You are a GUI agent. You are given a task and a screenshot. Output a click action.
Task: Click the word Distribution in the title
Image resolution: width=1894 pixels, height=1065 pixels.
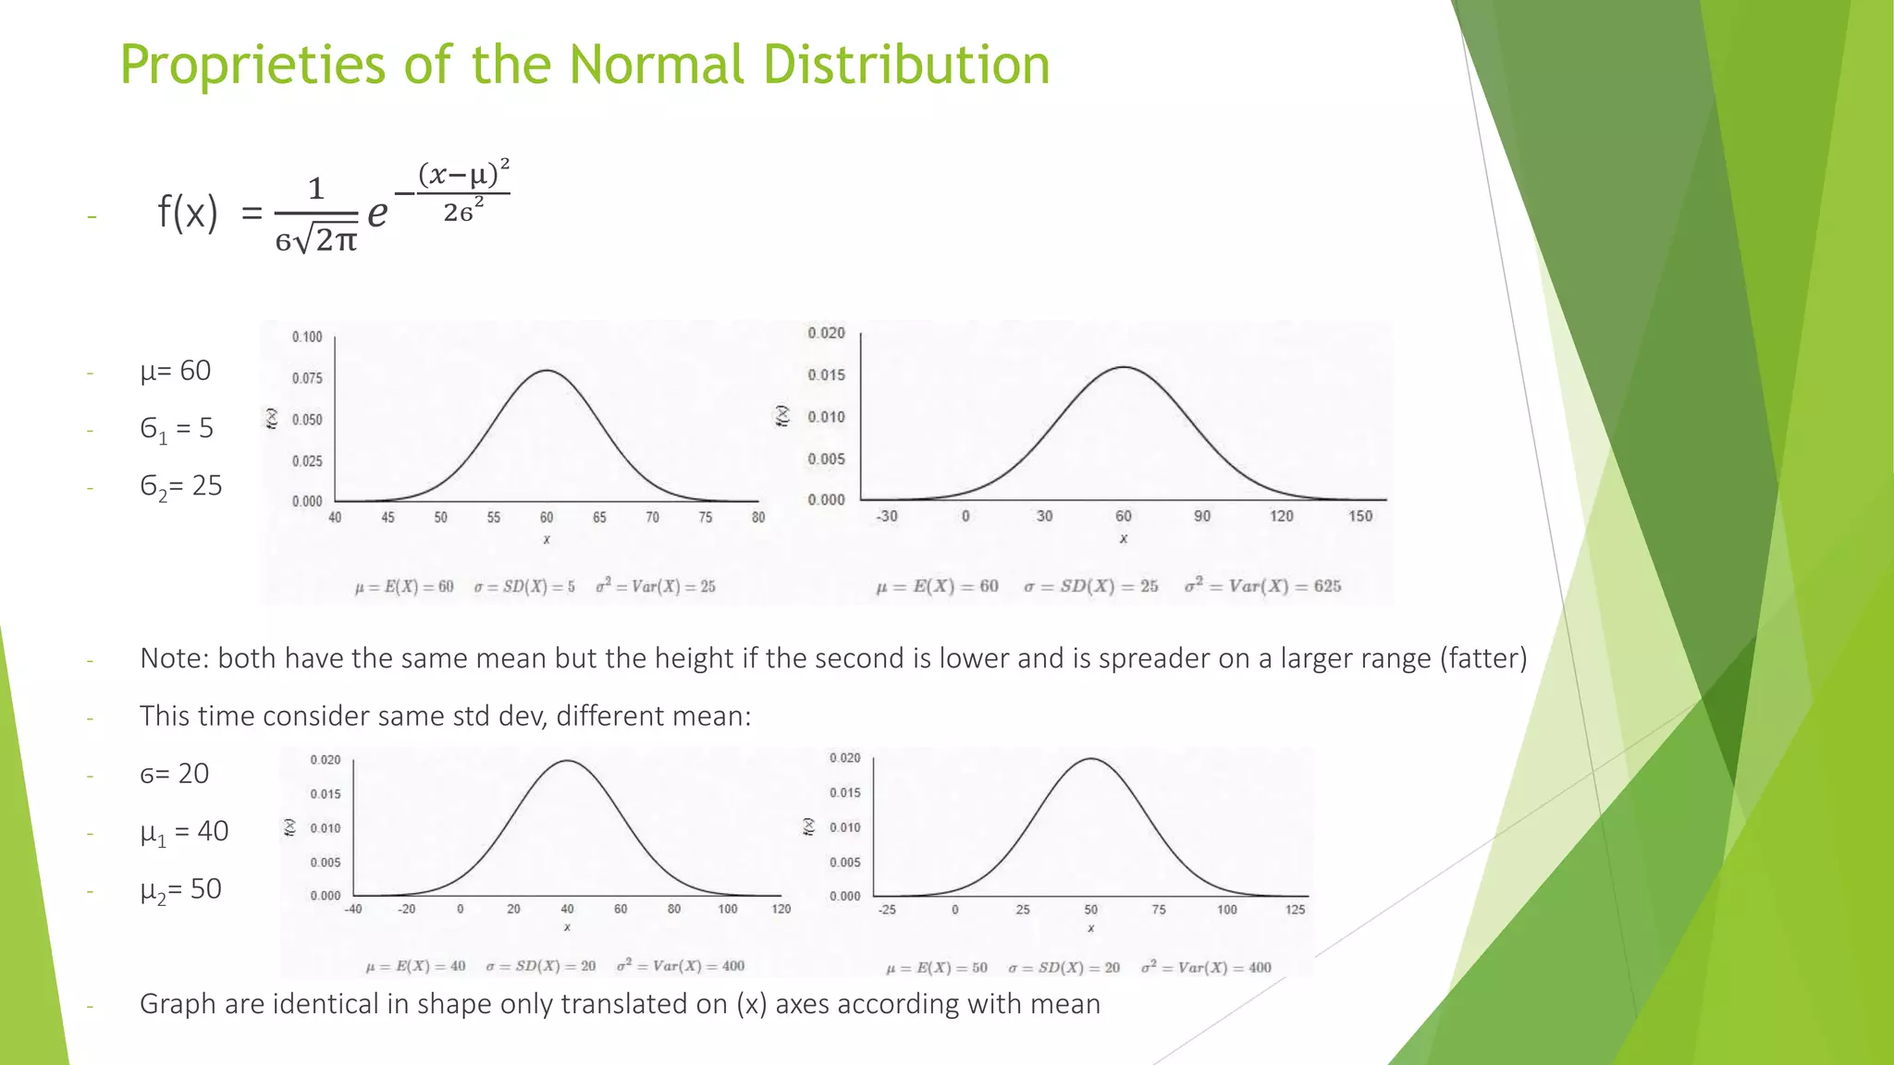click(x=906, y=65)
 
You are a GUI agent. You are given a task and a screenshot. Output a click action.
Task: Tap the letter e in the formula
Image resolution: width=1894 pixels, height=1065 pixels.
click(x=377, y=214)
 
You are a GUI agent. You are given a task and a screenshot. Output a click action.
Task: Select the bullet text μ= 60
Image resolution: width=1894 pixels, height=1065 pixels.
click(x=176, y=371)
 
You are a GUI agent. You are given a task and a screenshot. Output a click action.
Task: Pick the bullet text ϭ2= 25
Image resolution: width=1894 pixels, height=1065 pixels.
click(x=181, y=486)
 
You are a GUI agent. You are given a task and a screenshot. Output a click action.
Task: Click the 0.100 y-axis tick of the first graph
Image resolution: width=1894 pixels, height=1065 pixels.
click(x=307, y=337)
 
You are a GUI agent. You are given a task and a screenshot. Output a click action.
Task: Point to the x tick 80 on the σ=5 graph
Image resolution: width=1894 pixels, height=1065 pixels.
click(x=758, y=518)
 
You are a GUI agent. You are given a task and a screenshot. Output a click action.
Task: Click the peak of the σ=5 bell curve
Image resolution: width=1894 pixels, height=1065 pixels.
click(x=547, y=371)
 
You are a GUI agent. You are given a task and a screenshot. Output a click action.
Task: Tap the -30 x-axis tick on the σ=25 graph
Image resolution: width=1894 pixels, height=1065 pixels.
click(x=887, y=516)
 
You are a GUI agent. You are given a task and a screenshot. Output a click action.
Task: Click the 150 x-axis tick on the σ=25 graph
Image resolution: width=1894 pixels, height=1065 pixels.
click(x=1360, y=516)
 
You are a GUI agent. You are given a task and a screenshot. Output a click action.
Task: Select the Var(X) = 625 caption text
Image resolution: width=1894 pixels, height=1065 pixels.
click(x=1263, y=586)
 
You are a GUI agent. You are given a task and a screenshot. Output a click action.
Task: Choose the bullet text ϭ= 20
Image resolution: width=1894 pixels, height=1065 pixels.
click(x=175, y=774)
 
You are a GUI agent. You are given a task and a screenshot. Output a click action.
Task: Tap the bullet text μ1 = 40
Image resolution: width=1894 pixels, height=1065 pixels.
click(x=184, y=832)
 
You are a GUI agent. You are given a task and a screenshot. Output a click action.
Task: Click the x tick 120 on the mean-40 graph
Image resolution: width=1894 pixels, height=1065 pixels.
click(x=781, y=909)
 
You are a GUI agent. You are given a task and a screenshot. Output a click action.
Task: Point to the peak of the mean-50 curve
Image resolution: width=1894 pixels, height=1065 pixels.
click(x=1091, y=759)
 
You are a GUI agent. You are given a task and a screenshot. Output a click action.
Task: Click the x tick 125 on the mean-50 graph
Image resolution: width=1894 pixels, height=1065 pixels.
click(x=1295, y=910)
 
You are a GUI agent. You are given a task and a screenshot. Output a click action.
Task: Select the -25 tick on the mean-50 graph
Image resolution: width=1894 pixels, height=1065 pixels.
click(x=887, y=910)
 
